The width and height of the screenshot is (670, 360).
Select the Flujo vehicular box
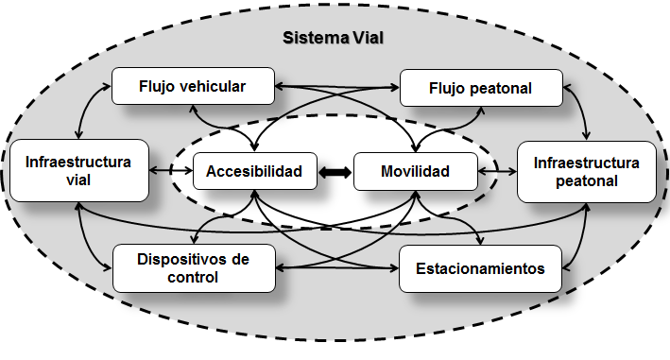(193, 87)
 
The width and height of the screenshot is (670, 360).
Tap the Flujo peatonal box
(481, 88)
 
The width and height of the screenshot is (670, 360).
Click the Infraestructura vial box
(78, 171)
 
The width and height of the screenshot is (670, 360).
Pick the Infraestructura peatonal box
(586, 171)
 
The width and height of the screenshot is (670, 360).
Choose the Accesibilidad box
(254, 172)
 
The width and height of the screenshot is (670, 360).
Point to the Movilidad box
(415, 172)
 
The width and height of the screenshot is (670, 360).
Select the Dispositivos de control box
(193, 267)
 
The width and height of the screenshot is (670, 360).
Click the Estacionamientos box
(481, 268)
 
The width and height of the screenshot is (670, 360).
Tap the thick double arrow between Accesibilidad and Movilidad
(335, 172)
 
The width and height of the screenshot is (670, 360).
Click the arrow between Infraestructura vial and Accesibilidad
(172, 172)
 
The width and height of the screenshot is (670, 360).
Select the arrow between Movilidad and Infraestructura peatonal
(498, 172)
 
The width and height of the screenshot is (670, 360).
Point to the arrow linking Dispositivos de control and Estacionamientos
(336, 268)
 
